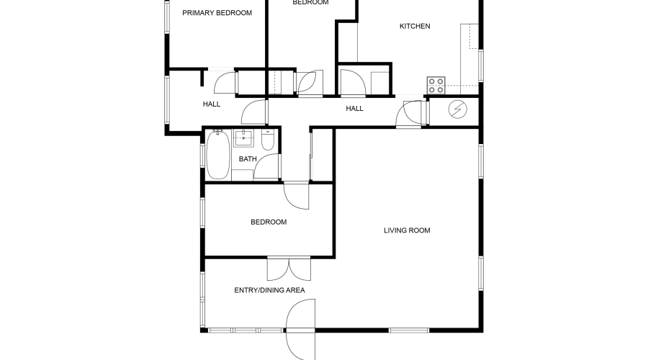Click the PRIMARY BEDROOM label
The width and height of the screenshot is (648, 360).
(217, 12)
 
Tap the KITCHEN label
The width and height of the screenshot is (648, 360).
(415, 27)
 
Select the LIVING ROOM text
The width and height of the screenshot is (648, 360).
(407, 230)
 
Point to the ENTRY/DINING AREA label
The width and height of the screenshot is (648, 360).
(270, 290)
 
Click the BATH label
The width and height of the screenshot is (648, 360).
(248, 159)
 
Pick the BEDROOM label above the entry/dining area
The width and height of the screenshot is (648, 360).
(269, 222)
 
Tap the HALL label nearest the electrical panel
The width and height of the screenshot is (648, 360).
(354, 109)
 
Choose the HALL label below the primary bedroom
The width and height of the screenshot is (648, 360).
(212, 104)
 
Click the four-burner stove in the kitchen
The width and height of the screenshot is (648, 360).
(436, 86)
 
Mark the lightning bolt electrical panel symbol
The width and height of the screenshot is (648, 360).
(458, 109)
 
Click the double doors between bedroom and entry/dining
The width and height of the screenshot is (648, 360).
(288, 269)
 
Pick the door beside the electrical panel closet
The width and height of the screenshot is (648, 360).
(412, 113)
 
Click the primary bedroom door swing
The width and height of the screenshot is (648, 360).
(225, 81)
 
